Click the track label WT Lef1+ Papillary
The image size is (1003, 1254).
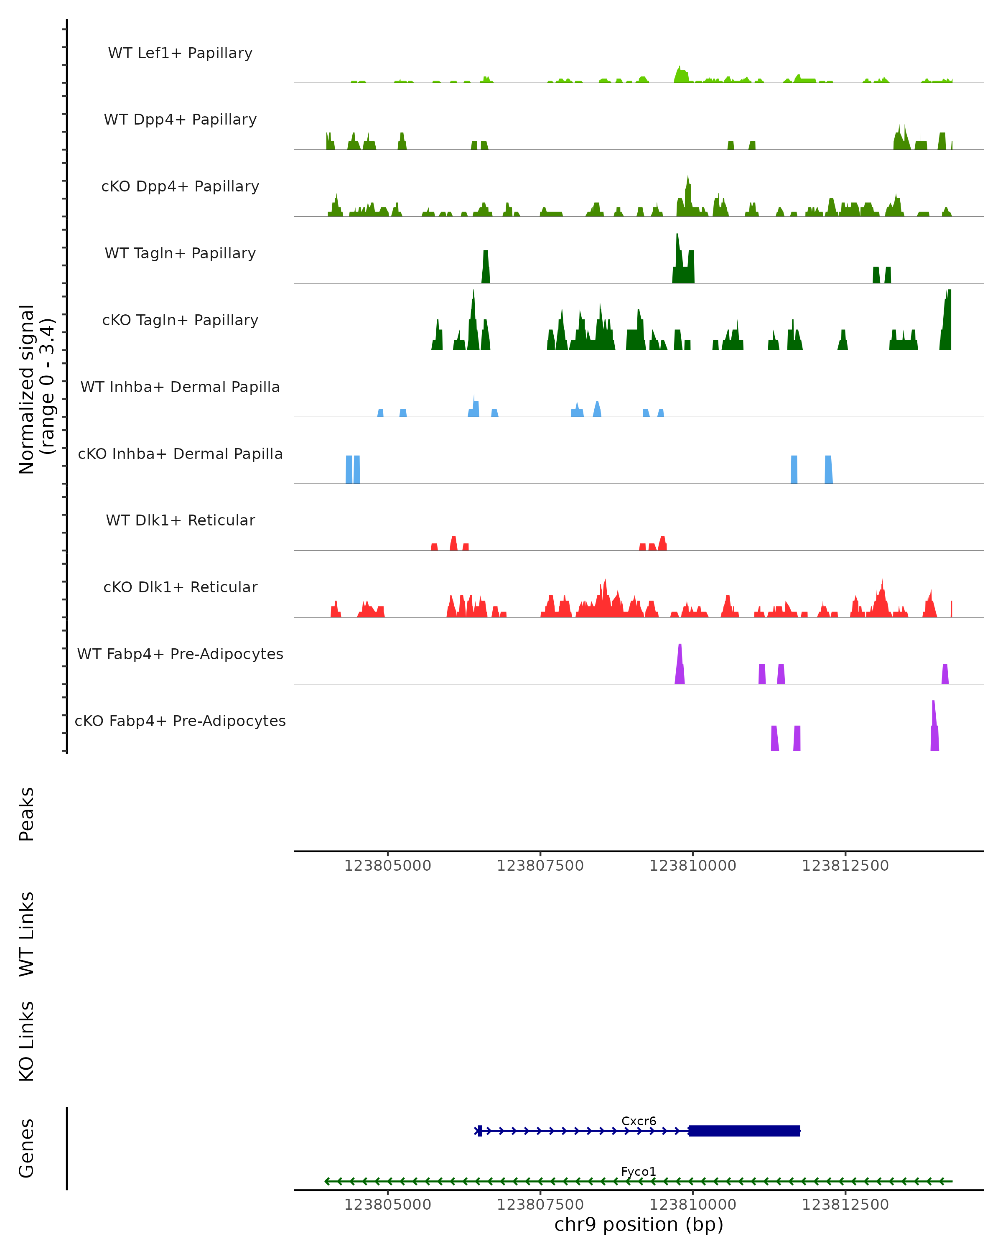(x=180, y=53)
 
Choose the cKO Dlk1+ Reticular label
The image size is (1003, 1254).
(x=180, y=587)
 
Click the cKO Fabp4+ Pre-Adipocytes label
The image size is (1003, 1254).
(x=180, y=721)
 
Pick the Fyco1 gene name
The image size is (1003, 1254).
(x=639, y=1171)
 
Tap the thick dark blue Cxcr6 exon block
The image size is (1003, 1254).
(x=744, y=1131)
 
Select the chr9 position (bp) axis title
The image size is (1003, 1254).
(x=639, y=1224)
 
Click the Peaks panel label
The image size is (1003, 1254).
(x=27, y=814)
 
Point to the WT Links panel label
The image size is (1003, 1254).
(x=27, y=933)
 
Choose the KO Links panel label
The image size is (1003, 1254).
(x=27, y=1041)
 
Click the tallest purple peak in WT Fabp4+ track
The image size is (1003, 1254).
(x=680, y=663)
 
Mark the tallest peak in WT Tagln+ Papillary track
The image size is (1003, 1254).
(x=677, y=256)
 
